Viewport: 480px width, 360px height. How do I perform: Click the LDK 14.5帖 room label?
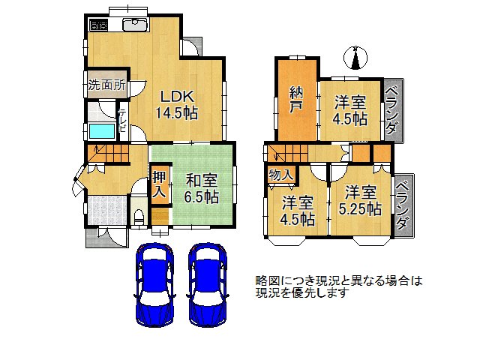pyautogui.click(x=177, y=105)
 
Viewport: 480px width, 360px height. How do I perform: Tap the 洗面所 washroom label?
pyautogui.click(x=106, y=85)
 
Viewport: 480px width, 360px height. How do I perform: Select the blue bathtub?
pyautogui.click(x=102, y=130)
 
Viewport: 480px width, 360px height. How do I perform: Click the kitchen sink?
pyautogui.click(x=135, y=25)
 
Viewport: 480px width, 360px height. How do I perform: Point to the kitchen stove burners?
pyautogui.click(x=98, y=25)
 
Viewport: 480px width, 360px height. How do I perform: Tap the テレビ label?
pyautogui.click(x=122, y=120)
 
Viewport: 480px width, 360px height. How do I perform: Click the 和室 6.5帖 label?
pyautogui.click(x=202, y=189)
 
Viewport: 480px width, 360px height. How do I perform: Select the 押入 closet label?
pyautogui.click(x=160, y=184)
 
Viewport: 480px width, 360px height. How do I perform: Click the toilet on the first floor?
pyautogui.click(x=139, y=217)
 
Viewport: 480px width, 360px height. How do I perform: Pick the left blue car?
pyautogui.click(x=154, y=285)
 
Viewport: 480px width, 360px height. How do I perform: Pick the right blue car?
pyautogui.click(x=208, y=285)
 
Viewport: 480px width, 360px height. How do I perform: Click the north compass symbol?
pyautogui.click(x=355, y=57)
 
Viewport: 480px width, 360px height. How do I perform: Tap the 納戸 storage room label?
pyautogui.click(x=296, y=98)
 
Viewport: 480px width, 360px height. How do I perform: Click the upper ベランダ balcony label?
pyautogui.click(x=392, y=110)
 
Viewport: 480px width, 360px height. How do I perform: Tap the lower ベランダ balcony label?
pyautogui.click(x=403, y=205)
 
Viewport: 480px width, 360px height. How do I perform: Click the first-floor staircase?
pyautogui.click(x=106, y=154)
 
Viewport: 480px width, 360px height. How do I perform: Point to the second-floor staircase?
pyautogui.click(x=288, y=153)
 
